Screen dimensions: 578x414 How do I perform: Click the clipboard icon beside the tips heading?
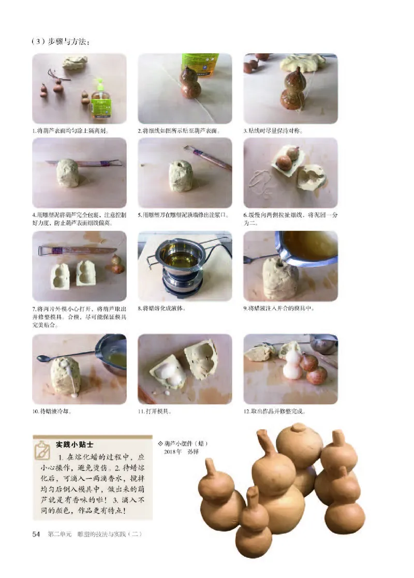[42, 449]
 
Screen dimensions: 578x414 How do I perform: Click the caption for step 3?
[273, 131]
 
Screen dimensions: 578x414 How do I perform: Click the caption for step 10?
[52, 412]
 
